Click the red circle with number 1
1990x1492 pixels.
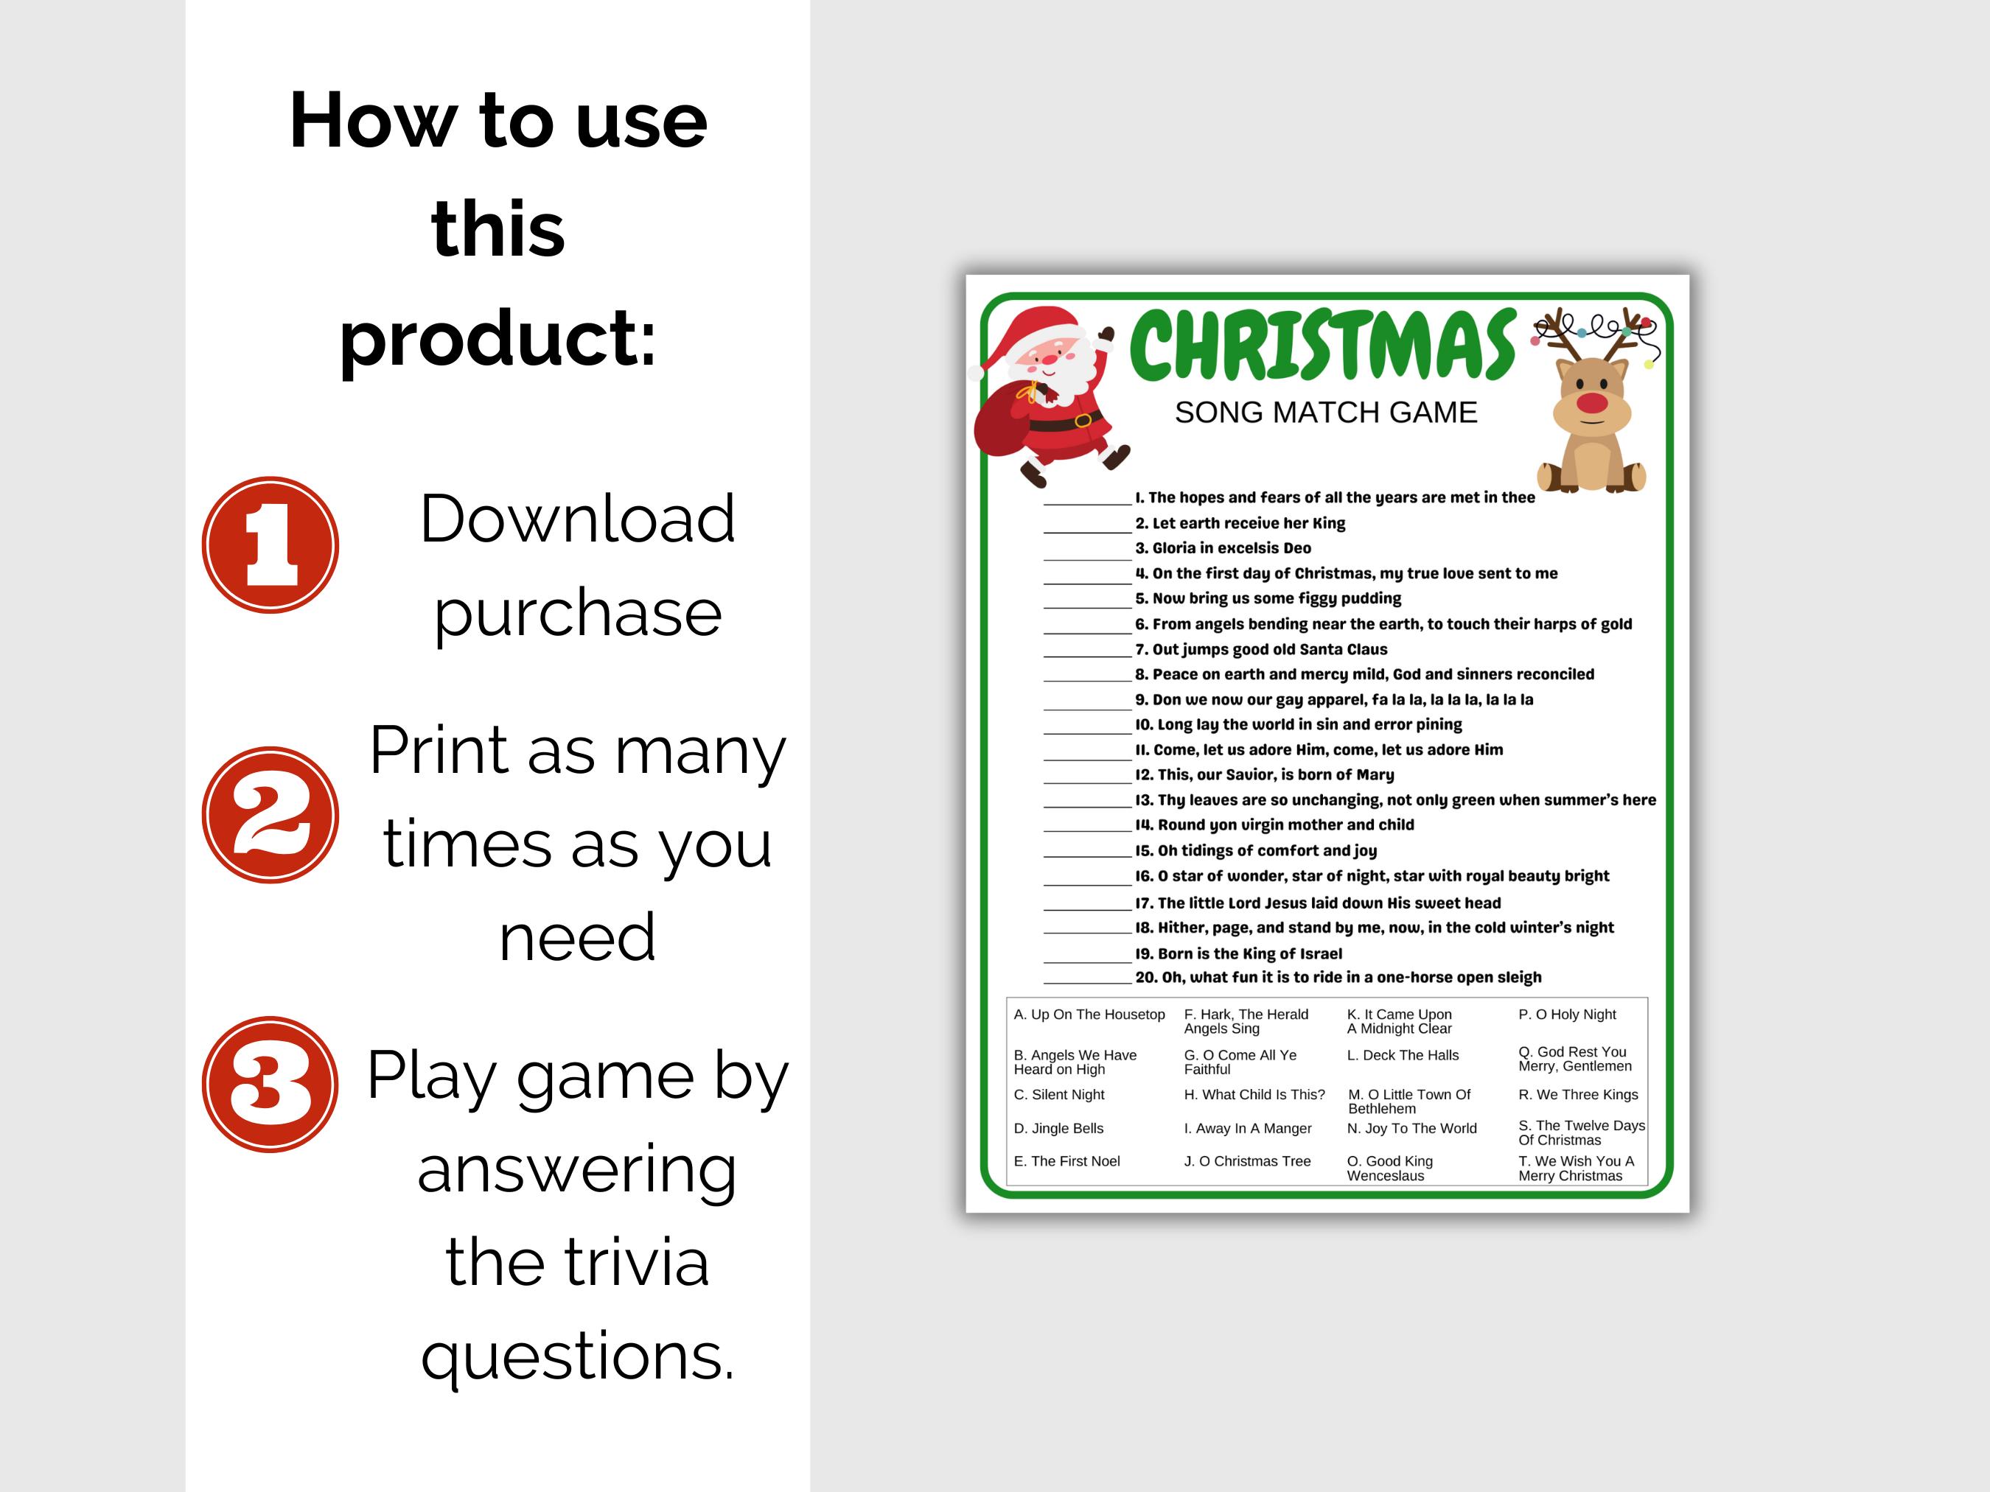click(x=270, y=545)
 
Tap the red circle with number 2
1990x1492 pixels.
click(x=270, y=815)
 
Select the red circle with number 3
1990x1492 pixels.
click(x=270, y=1084)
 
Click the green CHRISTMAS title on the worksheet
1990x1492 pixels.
click(x=1322, y=346)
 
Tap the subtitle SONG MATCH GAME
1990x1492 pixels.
click(x=1325, y=413)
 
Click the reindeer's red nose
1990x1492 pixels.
click(x=1591, y=402)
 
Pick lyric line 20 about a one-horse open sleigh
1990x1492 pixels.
click(x=1338, y=978)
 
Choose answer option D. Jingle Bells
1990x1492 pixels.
click(x=1058, y=1129)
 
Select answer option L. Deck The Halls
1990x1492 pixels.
click(x=1402, y=1056)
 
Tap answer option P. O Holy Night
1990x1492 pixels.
click(x=1566, y=1015)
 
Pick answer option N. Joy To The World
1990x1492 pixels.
click(x=1411, y=1129)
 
